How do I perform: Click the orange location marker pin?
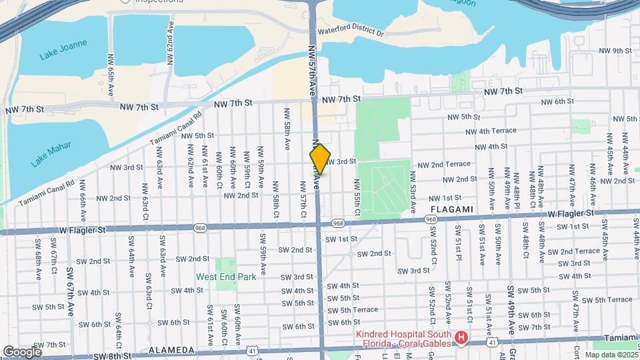[x=320, y=159]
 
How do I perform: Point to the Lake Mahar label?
[x=50, y=154]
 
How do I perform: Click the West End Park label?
[x=221, y=276]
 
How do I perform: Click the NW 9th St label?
[x=615, y=51]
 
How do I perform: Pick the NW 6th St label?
[x=557, y=101]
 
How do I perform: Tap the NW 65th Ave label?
[x=111, y=73]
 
